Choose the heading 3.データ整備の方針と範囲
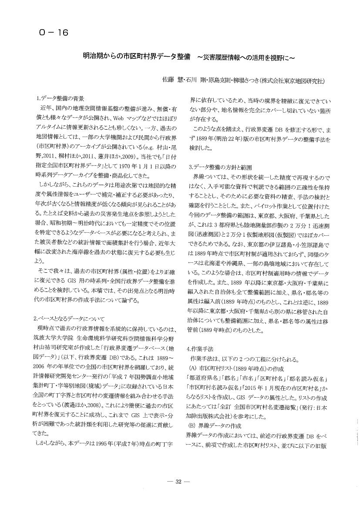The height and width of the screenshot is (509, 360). coord(220,167)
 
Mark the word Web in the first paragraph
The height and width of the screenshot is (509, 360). coord(121,118)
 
